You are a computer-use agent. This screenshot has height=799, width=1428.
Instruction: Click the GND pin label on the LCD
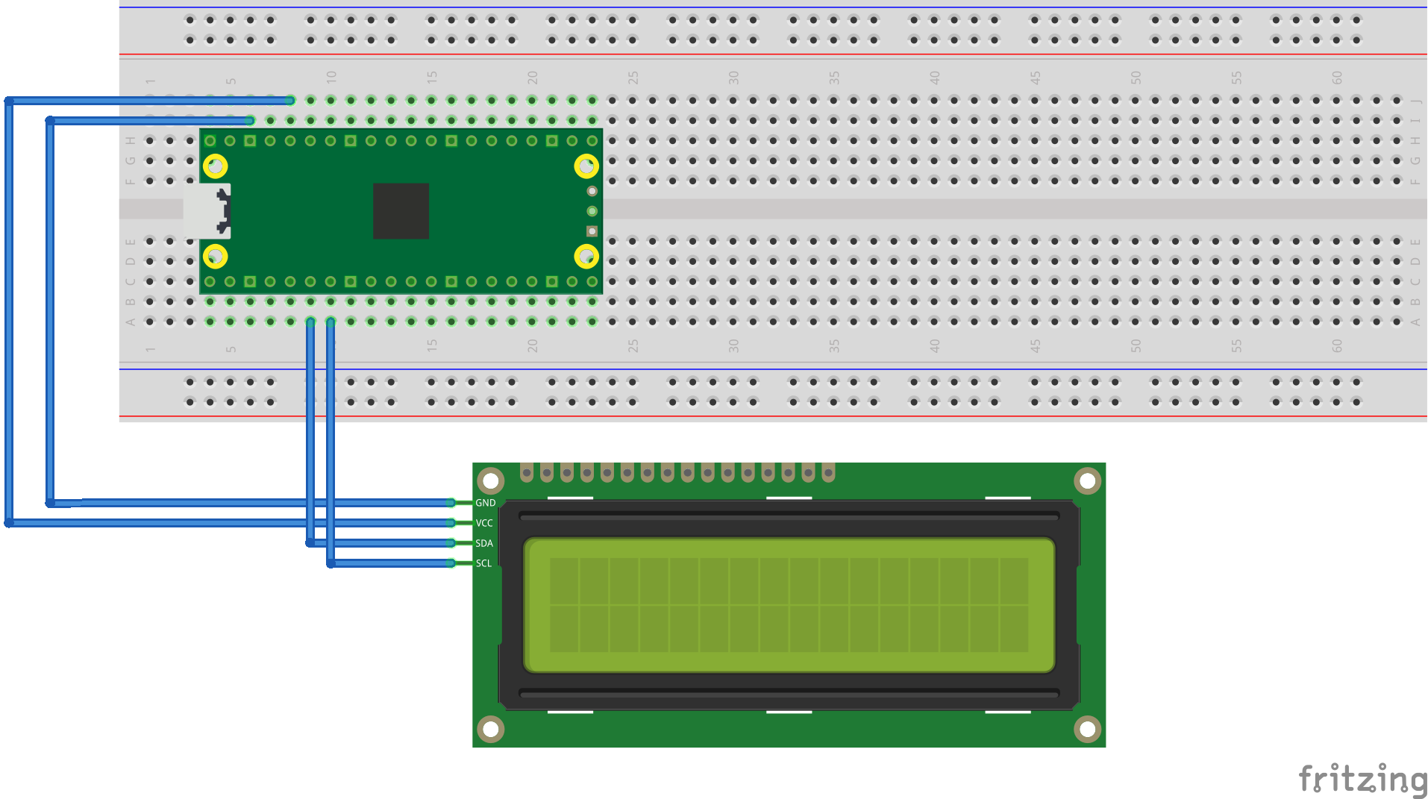click(485, 503)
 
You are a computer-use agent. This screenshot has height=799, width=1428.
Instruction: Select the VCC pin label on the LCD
click(484, 523)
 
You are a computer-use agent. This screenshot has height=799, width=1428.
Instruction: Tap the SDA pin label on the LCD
click(484, 543)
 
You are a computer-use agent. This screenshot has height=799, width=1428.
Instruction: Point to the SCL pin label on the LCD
click(483, 563)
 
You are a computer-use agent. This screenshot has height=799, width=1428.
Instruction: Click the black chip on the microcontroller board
click(401, 211)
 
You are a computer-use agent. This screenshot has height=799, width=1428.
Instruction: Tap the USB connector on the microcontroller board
click(208, 211)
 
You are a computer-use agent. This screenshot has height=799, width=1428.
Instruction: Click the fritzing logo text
click(1362, 779)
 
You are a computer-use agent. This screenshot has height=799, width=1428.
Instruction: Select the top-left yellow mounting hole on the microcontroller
click(216, 166)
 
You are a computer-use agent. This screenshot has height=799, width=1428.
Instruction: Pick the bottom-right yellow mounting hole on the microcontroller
click(586, 257)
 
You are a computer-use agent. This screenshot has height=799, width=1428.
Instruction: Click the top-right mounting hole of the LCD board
click(1087, 481)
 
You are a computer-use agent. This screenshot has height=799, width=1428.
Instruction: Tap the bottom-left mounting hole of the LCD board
click(491, 729)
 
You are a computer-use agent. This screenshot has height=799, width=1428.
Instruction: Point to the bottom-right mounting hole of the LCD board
click(1087, 729)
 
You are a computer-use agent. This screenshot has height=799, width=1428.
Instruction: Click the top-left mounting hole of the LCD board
click(491, 481)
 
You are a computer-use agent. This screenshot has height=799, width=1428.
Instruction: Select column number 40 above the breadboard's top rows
click(935, 77)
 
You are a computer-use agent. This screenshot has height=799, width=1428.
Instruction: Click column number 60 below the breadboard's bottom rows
click(1337, 346)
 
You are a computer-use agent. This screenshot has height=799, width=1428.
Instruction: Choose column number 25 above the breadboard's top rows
click(633, 77)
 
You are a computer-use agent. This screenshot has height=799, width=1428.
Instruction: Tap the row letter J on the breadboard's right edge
click(1415, 101)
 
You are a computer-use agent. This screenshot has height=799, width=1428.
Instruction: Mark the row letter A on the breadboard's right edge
click(1415, 322)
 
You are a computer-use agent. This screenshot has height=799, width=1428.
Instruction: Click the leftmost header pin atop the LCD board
click(527, 472)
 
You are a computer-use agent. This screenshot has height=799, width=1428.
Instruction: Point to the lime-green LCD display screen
click(789, 605)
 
